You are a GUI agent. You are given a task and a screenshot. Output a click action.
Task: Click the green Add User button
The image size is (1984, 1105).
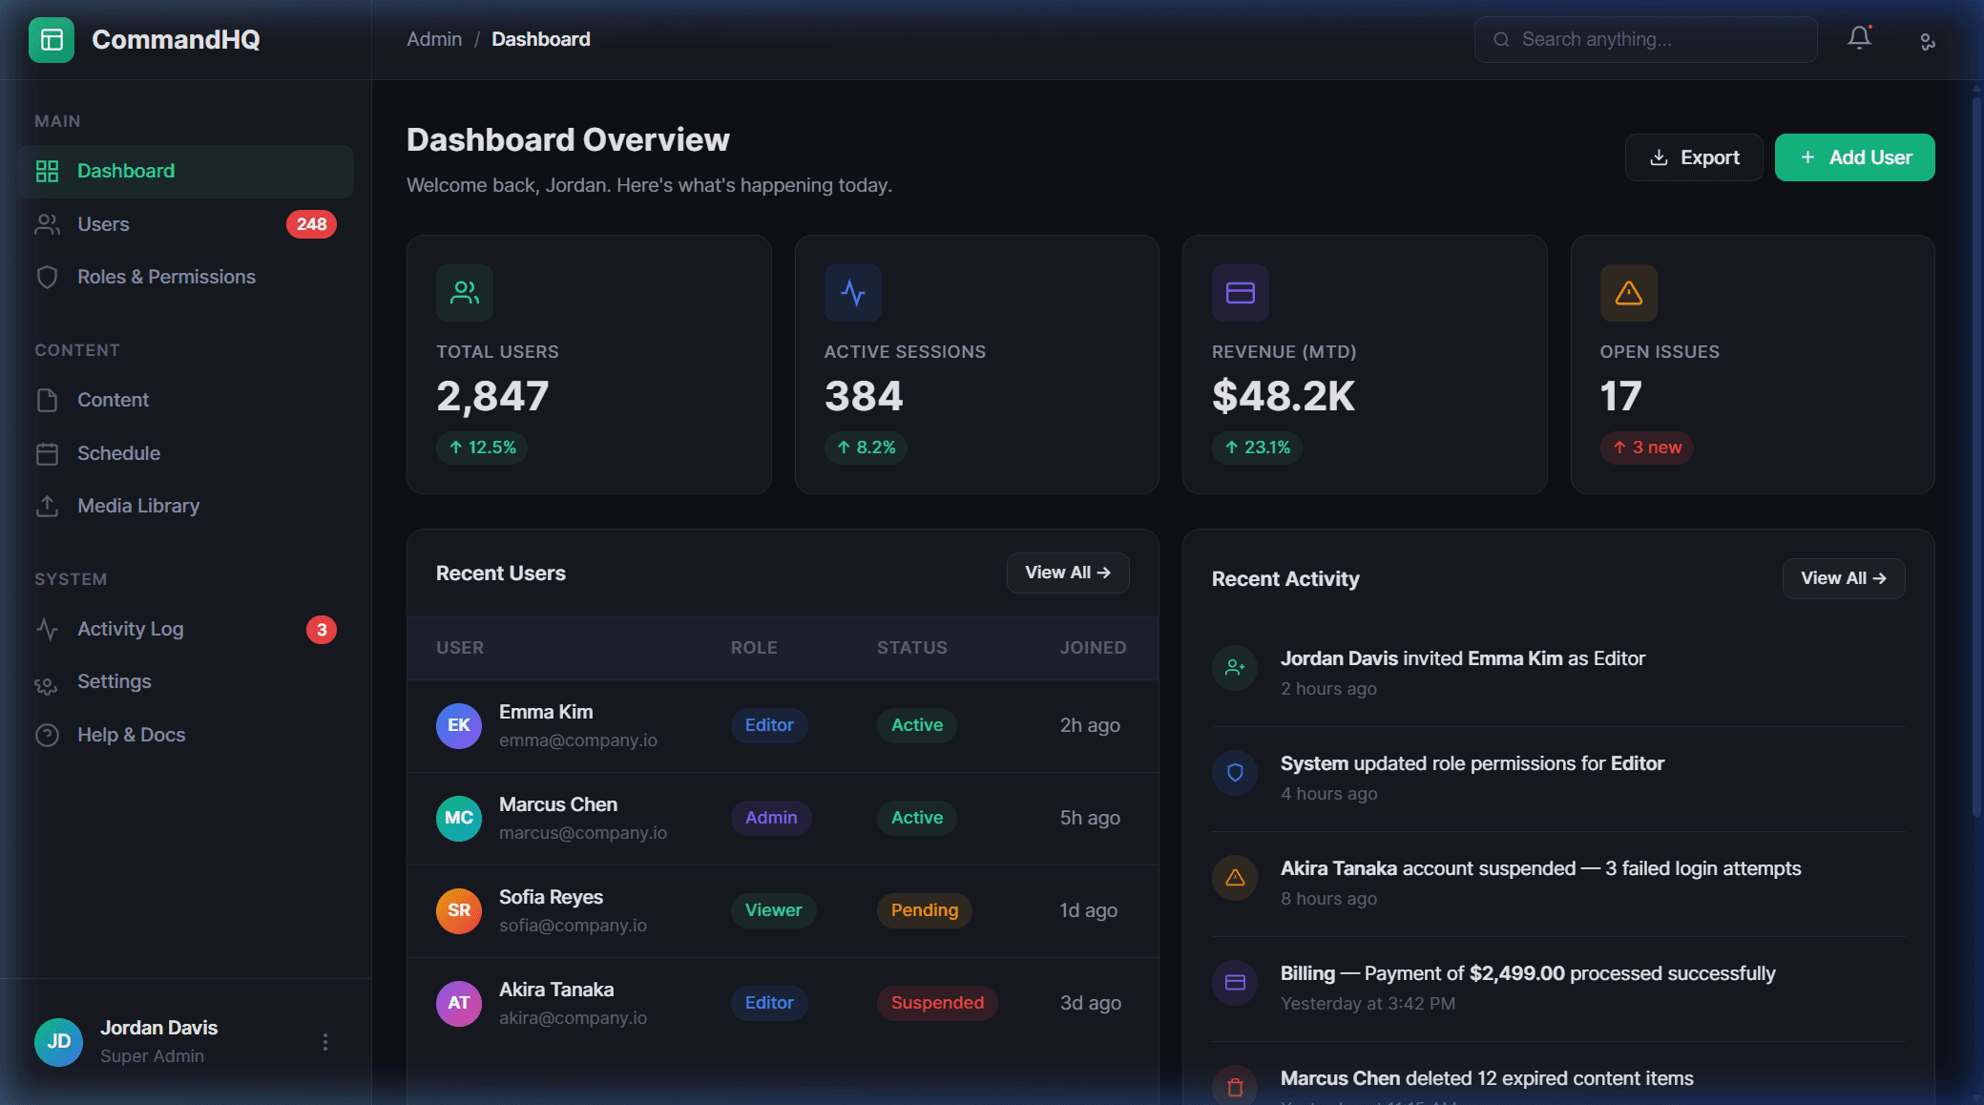click(x=1854, y=157)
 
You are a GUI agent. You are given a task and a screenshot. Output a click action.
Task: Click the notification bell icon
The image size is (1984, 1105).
click(x=1859, y=38)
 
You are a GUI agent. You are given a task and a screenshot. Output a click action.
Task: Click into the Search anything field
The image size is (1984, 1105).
click(x=1645, y=39)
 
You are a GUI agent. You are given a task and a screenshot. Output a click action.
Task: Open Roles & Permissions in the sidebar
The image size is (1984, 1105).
click(x=166, y=277)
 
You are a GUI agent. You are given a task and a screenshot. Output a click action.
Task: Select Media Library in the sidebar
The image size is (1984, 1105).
click(x=138, y=506)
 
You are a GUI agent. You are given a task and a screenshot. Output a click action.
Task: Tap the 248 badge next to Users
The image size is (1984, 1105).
click(x=311, y=224)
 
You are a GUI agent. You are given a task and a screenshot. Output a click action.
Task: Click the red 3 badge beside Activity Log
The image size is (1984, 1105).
click(x=322, y=630)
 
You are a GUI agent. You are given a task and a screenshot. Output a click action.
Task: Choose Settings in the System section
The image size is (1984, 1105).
click(x=114, y=681)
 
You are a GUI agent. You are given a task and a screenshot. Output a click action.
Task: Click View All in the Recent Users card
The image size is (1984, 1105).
click(x=1067, y=573)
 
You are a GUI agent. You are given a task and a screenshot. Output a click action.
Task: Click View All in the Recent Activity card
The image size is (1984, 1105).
click(x=1843, y=578)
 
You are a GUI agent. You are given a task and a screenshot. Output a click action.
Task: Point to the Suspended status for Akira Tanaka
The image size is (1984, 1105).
click(x=937, y=1003)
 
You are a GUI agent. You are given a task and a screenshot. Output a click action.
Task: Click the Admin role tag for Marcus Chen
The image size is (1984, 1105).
click(x=771, y=818)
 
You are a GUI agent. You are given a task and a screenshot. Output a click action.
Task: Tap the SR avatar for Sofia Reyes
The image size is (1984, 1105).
click(x=459, y=910)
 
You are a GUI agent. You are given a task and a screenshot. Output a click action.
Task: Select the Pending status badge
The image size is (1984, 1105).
click(x=924, y=910)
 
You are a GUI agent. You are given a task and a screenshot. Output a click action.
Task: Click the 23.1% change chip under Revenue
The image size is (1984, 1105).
click(x=1257, y=448)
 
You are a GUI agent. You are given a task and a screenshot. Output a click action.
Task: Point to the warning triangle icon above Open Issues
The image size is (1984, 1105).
click(x=1628, y=293)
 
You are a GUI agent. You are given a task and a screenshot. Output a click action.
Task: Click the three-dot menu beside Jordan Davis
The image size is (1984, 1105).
click(x=325, y=1042)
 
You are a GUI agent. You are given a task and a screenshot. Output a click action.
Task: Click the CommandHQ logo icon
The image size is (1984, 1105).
click(x=52, y=39)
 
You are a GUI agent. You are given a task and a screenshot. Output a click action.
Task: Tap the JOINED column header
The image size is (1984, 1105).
click(x=1093, y=648)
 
